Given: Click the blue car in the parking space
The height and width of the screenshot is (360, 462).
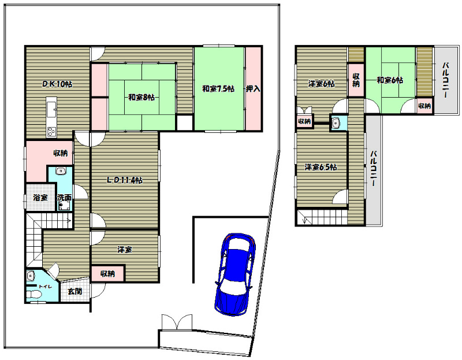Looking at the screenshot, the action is [x=235, y=274].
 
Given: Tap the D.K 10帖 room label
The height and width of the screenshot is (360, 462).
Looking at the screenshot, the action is [x=57, y=84].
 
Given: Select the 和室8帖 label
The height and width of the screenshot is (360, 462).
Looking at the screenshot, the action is [x=141, y=97].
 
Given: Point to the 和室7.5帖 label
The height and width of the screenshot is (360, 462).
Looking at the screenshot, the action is [x=218, y=89].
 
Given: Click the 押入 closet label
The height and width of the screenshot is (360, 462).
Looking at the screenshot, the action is [x=253, y=89].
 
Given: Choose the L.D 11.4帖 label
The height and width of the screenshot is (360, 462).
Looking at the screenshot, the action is [x=125, y=180].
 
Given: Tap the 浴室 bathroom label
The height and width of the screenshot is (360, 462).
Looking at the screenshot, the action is [x=40, y=198].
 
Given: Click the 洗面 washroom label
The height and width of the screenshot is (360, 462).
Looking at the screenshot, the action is [x=64, y=198].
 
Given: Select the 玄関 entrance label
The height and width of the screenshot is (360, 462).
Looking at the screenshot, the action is [x=75, y=292].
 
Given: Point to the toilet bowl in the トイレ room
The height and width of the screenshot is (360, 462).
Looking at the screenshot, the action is [x=33, y=295].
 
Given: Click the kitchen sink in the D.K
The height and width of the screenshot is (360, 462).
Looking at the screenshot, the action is [x=51, y=108].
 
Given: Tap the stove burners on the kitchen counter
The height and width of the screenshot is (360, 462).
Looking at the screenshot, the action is [x=51, y=131].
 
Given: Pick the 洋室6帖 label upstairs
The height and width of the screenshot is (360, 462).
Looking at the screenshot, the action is [x=322, y=84].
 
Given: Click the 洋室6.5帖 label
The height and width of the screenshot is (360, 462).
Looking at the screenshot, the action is [x=321, y=167].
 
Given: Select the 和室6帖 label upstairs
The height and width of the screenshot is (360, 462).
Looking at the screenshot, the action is [x=390, y=80].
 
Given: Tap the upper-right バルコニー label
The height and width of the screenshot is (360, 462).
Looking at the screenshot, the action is [x=445, y=80].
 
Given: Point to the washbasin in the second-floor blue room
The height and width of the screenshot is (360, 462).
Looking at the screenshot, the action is [x=336, y=123].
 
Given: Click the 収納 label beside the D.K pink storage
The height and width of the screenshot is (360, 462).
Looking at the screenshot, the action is [x=61, y=153].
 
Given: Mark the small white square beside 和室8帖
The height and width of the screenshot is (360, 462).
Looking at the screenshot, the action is [x=184, y=123].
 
